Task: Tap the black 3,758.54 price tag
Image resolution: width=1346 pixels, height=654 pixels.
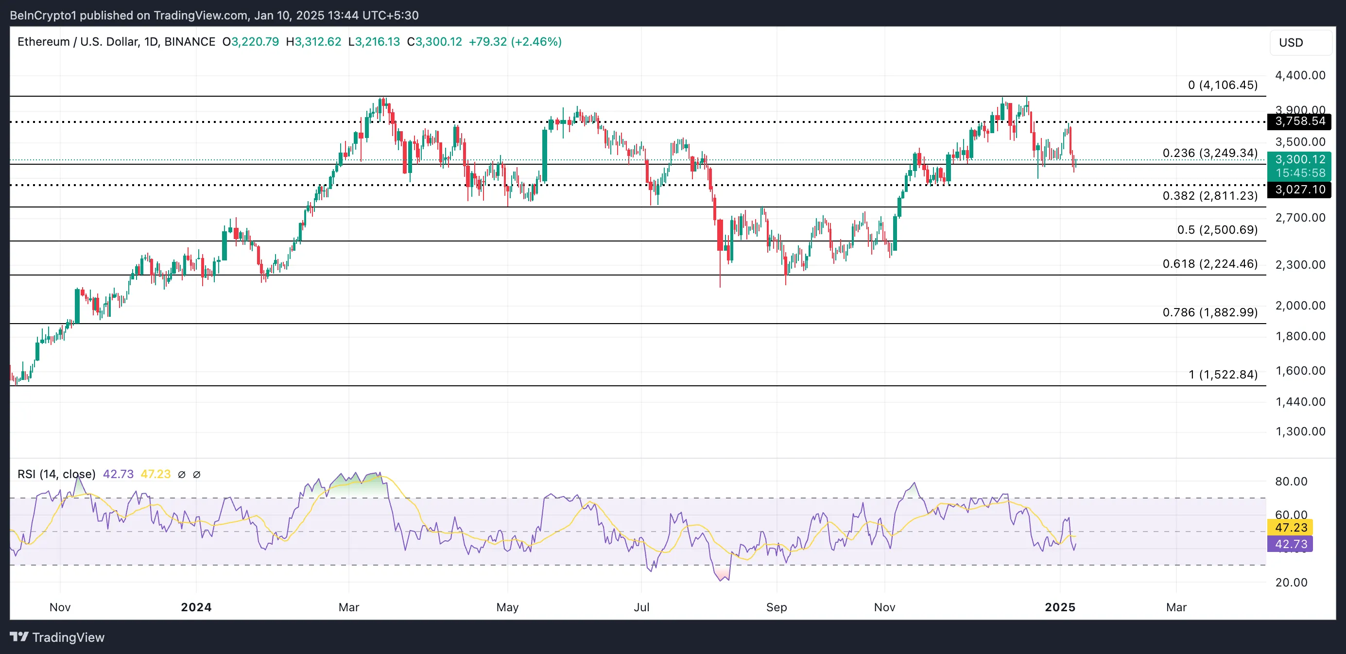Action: tap(1299, 121)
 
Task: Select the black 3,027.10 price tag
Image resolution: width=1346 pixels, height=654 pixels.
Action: tap(1299, 189)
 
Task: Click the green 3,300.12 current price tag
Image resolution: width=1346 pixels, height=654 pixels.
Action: tap(1299, 159)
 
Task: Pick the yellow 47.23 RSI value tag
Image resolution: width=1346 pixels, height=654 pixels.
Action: tap(1290, 528)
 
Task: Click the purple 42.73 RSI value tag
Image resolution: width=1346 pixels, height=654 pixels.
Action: tap(1290, 544)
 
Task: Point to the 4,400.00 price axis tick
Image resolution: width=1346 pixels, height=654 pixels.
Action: tap(1299, 75)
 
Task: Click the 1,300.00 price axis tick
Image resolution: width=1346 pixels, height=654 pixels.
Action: tap(1299, 431)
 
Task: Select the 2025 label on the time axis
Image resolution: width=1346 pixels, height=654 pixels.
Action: tap(1060, 607)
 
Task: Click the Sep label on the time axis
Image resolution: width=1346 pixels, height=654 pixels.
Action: tap(776, 607)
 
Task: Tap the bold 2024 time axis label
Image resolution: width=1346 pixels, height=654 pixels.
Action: tap(196, 607)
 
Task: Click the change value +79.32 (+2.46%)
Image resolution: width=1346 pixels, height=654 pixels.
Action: tap(515, 42)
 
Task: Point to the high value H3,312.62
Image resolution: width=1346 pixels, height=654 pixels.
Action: tap(313, 42)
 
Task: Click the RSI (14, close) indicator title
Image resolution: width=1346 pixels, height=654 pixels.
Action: tap(56, 474)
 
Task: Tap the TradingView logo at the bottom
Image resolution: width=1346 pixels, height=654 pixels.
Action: tap(57, 637)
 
